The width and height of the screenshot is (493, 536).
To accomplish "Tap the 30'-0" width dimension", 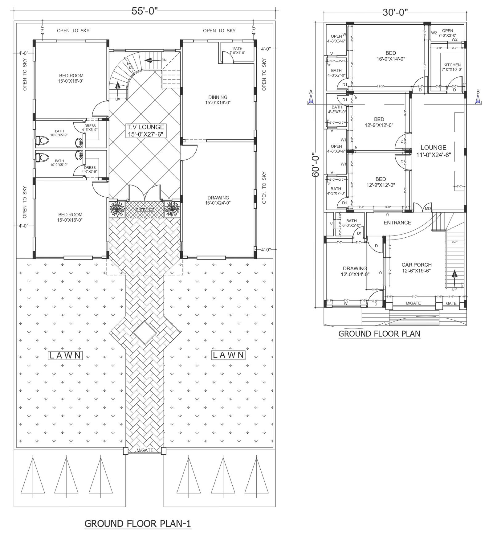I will [395, 12].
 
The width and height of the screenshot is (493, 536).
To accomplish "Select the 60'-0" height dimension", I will [315, 165].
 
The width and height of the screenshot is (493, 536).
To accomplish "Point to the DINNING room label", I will [218, 100].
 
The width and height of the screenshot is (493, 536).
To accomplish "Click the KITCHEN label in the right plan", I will [452, 67].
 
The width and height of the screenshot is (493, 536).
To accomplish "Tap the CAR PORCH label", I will [416, 267].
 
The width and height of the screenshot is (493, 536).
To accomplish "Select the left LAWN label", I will [66, 355].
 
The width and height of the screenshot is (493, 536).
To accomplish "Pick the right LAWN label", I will [228, 355].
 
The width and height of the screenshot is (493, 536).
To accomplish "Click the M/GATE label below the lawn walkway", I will [145, 450].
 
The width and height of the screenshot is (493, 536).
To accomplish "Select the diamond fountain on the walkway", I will [145, 333].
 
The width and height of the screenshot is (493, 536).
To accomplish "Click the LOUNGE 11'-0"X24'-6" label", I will [433, 151].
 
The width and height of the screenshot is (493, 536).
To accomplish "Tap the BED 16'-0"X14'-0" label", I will [390, 55].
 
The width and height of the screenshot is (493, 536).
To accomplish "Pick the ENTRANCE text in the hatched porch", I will [145, 210].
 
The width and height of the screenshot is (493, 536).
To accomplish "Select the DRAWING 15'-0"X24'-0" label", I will [218, 200].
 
